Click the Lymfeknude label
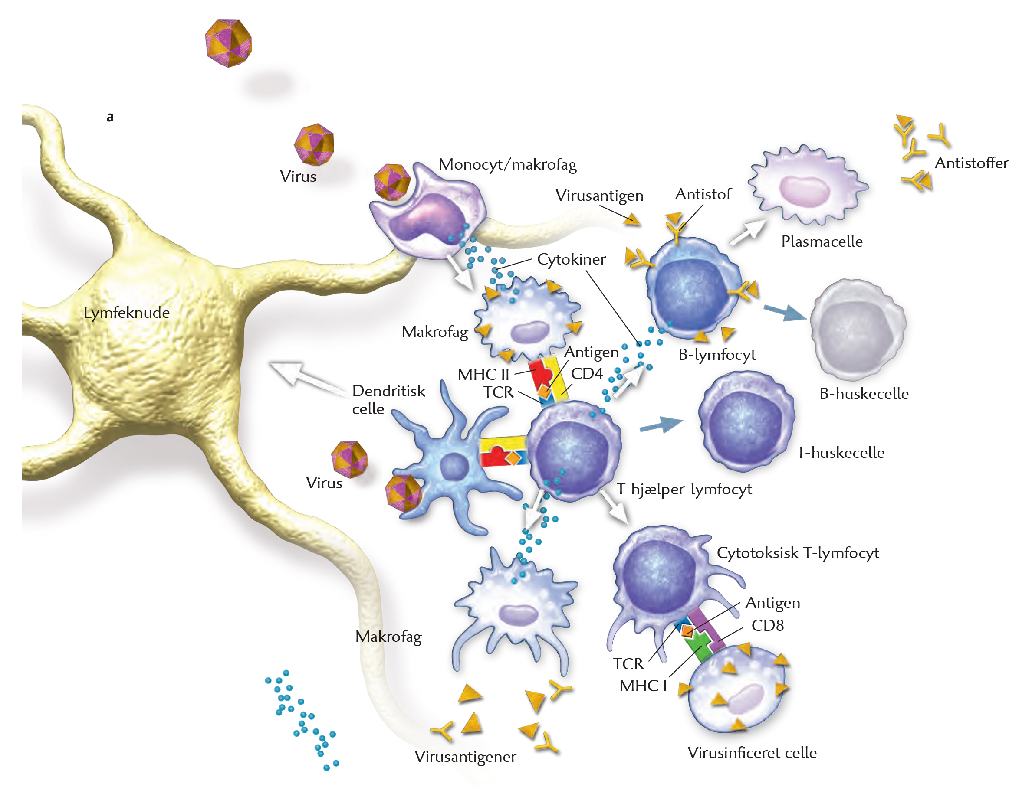pos(127,313)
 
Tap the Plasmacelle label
pos(822,242)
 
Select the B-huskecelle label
pos(864,393)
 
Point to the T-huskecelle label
pos(840,452)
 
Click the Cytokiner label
pos(571,259)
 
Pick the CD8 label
pos(767,625)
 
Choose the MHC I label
pos(643,686)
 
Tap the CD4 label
pos(587,373)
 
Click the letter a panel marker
pos(110,117)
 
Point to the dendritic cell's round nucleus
pos(454,466)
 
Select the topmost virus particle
pos(228,43)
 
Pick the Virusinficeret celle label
pos(752,753)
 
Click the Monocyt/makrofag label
pos(507,165)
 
